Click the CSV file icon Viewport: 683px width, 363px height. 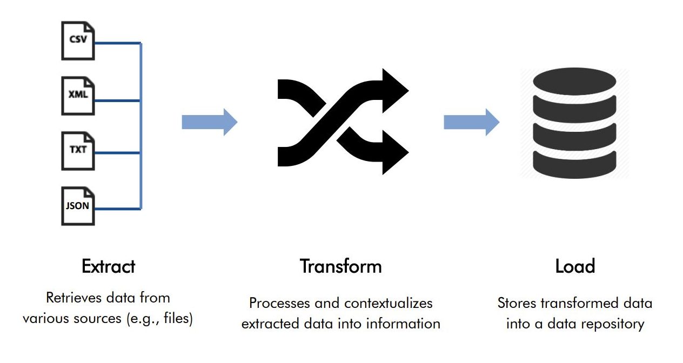78,41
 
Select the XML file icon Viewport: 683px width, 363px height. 78,96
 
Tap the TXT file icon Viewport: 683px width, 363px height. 78,151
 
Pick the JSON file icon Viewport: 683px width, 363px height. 78,206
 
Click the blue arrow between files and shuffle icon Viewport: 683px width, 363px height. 210,122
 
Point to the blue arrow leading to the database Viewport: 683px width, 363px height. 471,122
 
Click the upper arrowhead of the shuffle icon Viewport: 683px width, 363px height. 395,90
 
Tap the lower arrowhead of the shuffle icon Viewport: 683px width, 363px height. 395,152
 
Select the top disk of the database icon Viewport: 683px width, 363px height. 574,82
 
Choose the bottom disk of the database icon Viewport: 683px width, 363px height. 574,165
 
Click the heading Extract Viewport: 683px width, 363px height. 109,266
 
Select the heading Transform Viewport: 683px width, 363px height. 340,266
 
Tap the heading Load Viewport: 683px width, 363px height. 575,266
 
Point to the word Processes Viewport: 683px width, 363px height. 279,303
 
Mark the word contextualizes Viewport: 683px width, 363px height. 389,303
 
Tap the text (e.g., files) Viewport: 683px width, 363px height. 159,319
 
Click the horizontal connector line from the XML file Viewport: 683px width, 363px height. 117,100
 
